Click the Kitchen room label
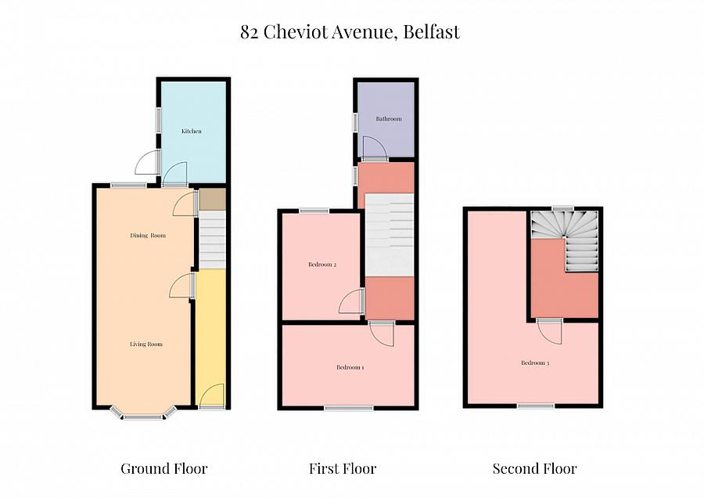click(x=192, y=132)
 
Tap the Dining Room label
click(x=148, y=236)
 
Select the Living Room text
click(x=146, y=345)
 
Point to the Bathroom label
click(x=389, y=119)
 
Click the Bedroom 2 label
click(x=322, y=265)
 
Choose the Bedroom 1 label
click(x=350, y=367)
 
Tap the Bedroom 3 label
click(x=535, y=363)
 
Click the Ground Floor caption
click(x=164, y=469)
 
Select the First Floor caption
click(x=343, y=469)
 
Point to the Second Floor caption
click(x=535, y=469)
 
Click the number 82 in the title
click(x=250, y=32)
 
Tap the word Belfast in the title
click(x=432, y=32)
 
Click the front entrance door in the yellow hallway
click(x=211, y=395)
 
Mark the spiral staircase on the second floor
click(x=565, y=240)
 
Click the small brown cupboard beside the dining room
click(x=212, y=200)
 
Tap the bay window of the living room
click(x=143, y=414)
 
